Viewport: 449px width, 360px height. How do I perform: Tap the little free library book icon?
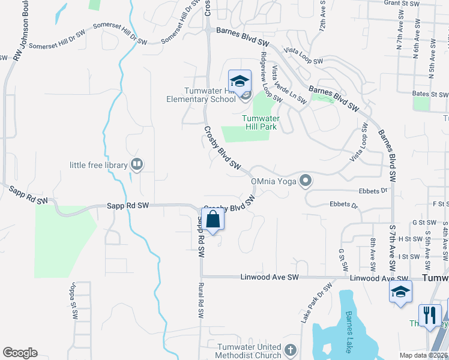click(x=137, y=163)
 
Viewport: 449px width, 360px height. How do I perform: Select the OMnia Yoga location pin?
click(x=306, y=180)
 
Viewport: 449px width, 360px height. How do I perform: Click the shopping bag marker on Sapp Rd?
click(x=213, y=220)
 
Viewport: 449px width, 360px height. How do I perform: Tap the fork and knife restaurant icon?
click(x=430, y=315)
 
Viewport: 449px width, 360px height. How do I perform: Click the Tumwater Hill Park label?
click(x=262, y=122)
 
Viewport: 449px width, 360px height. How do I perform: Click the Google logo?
click(x=20, y=353)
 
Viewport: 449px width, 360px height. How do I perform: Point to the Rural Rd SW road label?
click(x=201, y=300)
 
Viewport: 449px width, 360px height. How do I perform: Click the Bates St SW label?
click(x=430, y=95)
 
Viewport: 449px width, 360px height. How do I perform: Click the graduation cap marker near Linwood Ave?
click(x=400, y=292)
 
